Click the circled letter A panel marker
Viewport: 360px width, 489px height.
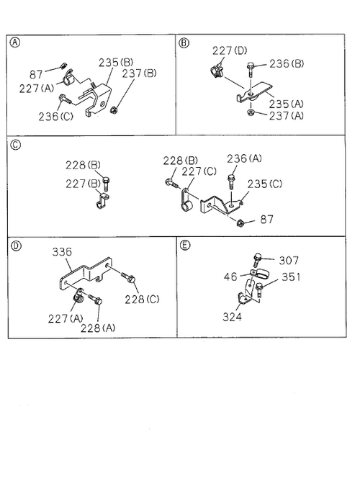[x=15, y=42]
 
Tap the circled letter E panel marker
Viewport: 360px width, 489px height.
[x=185, y=245]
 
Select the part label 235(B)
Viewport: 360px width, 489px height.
[x=116, y=63]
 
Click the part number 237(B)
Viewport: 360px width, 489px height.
[x=140, y=73]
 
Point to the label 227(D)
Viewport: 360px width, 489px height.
[x=230, y=50]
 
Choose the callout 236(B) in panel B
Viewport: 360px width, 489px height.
[x=287, y=64]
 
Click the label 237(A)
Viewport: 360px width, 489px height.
[x=286, y=116]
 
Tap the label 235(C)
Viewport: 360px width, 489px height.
[x=265, y=184]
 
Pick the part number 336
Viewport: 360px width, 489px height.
[x=62, y=251]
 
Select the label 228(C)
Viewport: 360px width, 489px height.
[x=142, y=300]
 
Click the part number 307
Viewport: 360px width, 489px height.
[x=289, y=261]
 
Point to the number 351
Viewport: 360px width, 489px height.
[x=291, y=277]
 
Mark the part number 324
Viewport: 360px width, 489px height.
[x=233, y=317]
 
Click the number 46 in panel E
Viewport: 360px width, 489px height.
[x=230, y=277]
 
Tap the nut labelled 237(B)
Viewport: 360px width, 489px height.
[x=114, y=109]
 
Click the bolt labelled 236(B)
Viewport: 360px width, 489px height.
[x=251, y=70]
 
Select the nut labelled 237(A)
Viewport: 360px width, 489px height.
[x=250, y=112]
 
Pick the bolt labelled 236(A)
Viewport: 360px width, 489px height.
[x=231, y=181]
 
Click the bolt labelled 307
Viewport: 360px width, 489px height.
[x=257, y=260]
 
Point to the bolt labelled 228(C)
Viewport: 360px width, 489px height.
[x=128, y=277]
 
